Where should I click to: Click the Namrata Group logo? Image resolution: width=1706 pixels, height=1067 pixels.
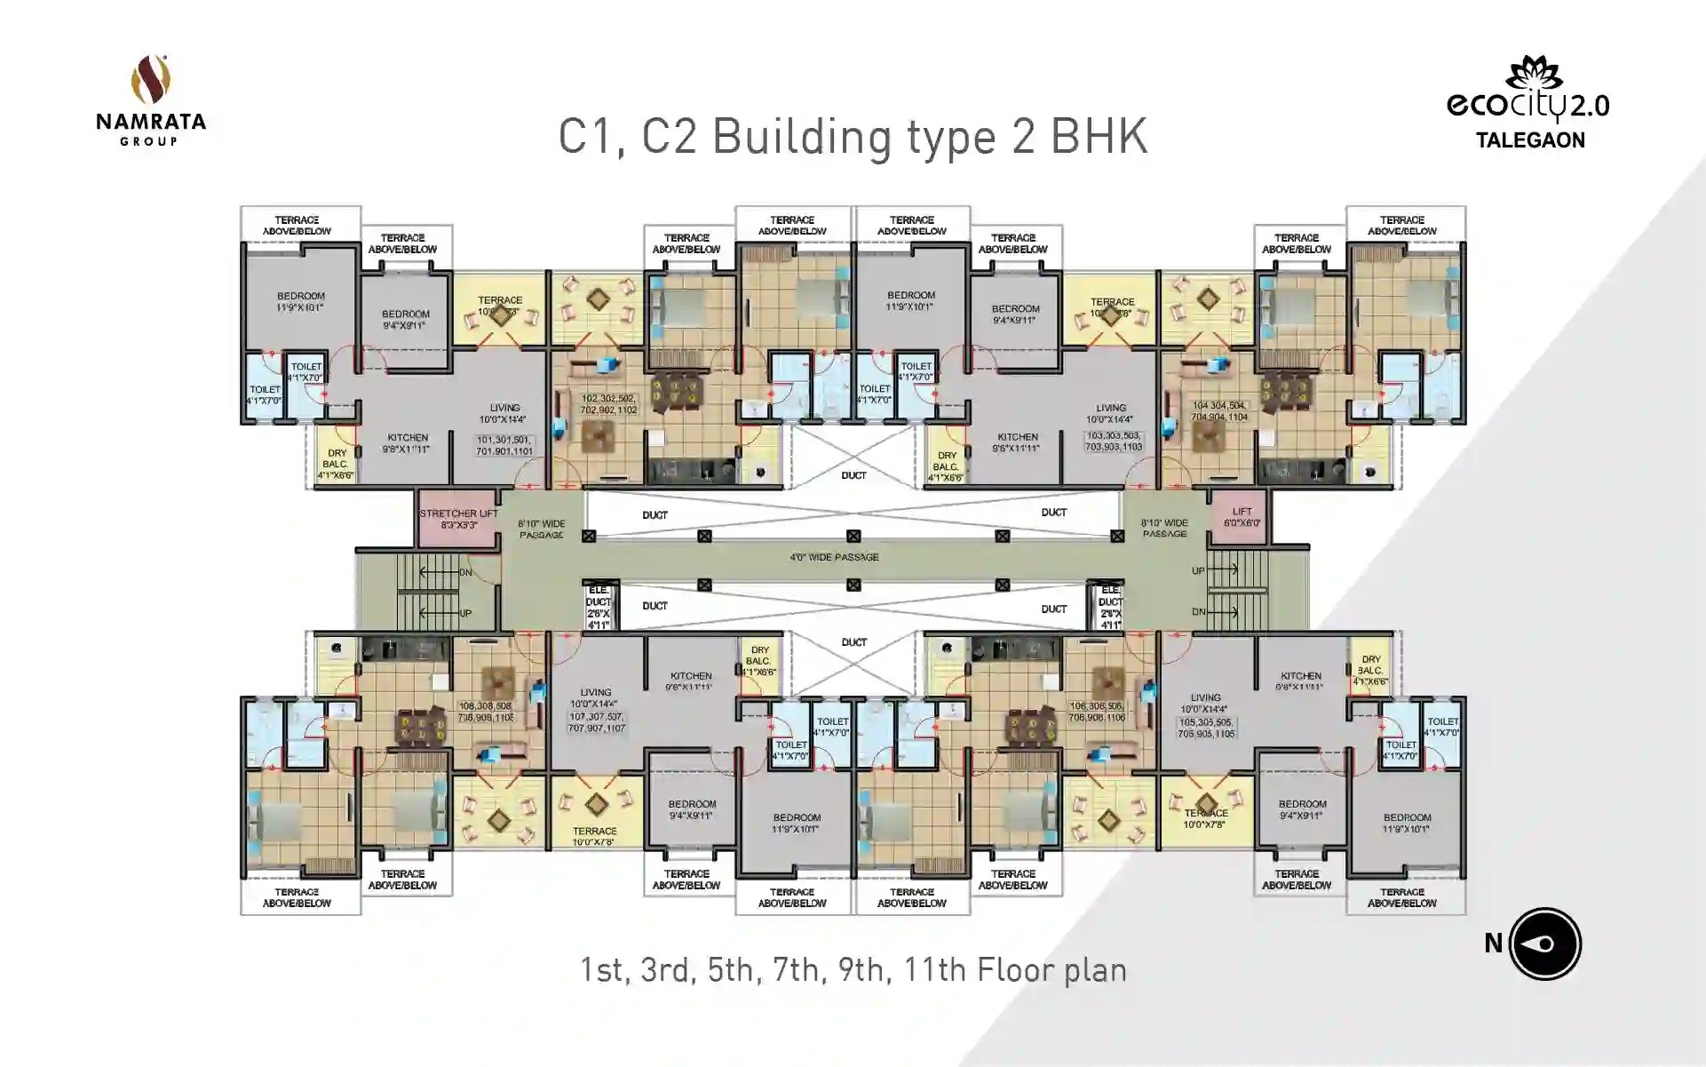[x=151, y=100]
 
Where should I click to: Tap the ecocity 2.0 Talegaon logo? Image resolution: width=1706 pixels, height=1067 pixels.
[x=1528, y=103]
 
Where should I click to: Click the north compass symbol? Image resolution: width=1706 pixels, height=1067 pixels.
[x=1544, y=944]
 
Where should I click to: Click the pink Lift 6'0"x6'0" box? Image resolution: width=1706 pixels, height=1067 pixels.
[x=1242, y=517]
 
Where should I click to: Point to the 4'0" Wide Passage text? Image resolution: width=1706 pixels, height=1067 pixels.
[x=834, y=557]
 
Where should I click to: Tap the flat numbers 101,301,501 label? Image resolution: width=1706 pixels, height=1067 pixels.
[x=504, y=445]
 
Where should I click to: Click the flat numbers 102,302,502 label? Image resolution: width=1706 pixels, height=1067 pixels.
[x=609, y=404]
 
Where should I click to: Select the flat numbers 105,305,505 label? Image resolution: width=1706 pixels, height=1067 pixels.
[x=1206, y=728]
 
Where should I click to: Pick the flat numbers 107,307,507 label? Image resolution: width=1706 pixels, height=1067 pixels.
[x=596, y=721]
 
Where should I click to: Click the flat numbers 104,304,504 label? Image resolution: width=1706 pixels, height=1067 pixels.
[x=1219, y=410]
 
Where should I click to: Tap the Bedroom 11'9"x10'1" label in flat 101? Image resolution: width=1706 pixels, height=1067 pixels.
[x=300, y=301]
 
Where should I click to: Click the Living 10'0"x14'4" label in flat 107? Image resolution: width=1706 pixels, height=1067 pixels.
[x=596, y=697]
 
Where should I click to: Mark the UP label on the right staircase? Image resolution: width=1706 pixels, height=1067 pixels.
[x=1198, y=570]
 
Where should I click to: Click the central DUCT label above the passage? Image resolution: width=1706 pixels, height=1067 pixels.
[x=853, y=475]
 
